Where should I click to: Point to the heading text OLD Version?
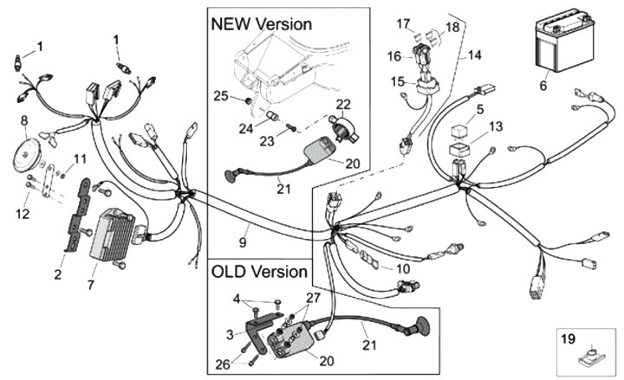pos(259,272)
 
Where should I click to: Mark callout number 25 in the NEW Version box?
pos(221,95)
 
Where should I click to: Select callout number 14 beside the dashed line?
pos(474,55)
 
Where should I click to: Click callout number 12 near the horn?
pos(23,210)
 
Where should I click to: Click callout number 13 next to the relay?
pos(496,126)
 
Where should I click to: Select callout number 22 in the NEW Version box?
pos(343,104)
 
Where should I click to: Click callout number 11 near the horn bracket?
pos(80,159)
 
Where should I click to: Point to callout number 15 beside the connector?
pos(397,81)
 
